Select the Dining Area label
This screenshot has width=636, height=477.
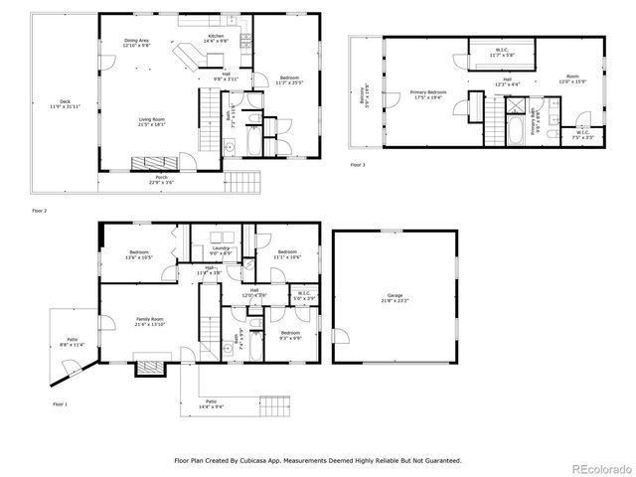[135, 42]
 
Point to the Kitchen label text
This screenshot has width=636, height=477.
[216, 38]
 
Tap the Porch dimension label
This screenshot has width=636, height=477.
[161, 180]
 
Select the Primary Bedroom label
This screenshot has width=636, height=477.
[428, 94]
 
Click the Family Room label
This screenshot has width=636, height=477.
[150, 322]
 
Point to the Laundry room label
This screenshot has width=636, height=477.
[220, 250]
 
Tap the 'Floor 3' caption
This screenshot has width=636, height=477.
[358, 164]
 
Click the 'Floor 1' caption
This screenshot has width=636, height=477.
[61, 403]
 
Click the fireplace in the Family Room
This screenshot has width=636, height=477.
[148, 367]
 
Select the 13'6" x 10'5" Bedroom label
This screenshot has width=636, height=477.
[139, 255]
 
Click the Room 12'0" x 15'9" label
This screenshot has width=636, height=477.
[571, 78]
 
